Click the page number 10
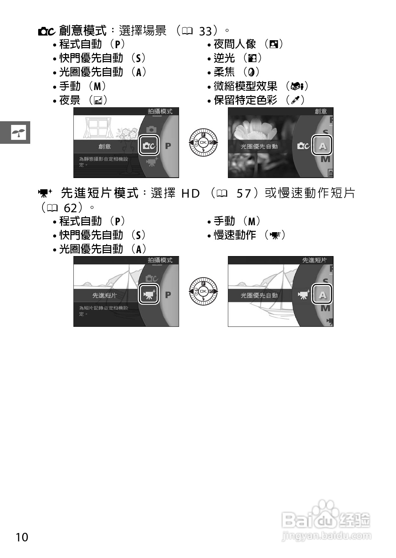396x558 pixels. pos(22,537)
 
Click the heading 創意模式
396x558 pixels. pos(83,31)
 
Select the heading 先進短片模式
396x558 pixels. pos(100,193)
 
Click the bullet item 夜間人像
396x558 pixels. pos(235,44)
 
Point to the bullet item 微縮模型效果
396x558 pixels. pos(246,86)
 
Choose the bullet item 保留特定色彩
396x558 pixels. pos(246,100)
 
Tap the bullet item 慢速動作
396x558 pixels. pos(235,235)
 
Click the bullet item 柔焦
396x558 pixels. pos(224,72)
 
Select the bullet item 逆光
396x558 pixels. pos(224,58)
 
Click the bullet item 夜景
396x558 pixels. pos(70,100)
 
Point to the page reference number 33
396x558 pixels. pos(205,32)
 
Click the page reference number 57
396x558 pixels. pos(244,193)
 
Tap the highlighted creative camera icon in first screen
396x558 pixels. pos(148,145)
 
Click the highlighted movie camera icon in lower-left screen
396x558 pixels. pos(148,294)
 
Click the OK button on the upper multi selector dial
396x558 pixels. pos(203,142)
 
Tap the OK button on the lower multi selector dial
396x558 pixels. pos(203,291)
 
